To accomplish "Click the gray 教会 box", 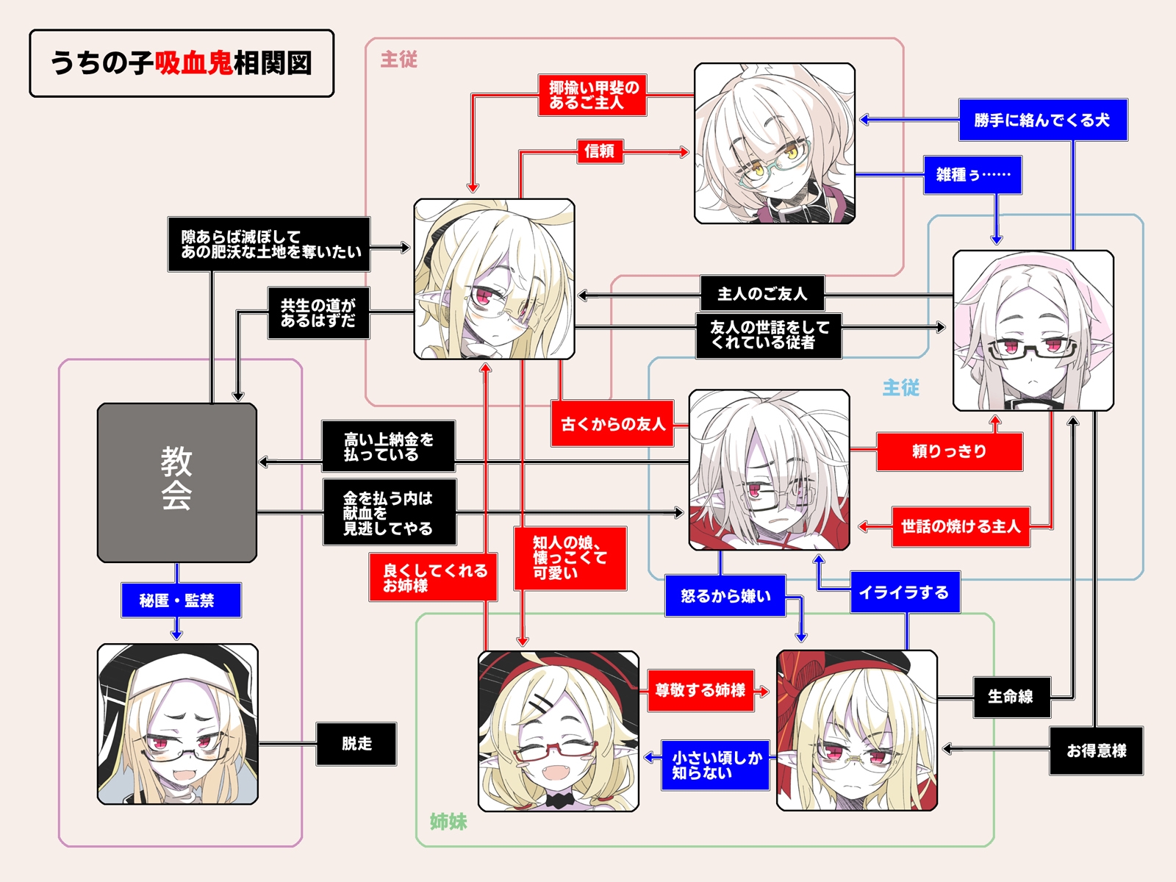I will pos(177,482).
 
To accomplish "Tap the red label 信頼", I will pos(600,151).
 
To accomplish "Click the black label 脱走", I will pos(356,744).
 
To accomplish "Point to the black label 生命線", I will pos(1011,697).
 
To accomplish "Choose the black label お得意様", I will pos(1096,750).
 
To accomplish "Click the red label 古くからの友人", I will pos(612,424).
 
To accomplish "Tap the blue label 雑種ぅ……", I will pos(972,175).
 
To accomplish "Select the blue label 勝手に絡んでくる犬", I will pos(1042,121).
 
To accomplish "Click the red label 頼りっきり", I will pos(949,451).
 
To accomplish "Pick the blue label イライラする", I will pos(905,592).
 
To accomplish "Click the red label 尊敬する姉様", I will pos(700,690).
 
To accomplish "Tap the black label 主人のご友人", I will pos(761,294).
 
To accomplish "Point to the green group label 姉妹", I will pos(448,822).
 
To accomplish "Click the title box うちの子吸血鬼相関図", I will pos(182,63).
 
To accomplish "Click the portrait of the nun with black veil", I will pos(178,724).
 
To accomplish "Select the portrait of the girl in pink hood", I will pos(1033,331).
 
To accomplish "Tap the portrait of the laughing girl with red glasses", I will pos(558,731).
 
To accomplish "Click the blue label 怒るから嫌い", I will pos(725,596).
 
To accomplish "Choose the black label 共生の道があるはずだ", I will pos(318,313).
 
